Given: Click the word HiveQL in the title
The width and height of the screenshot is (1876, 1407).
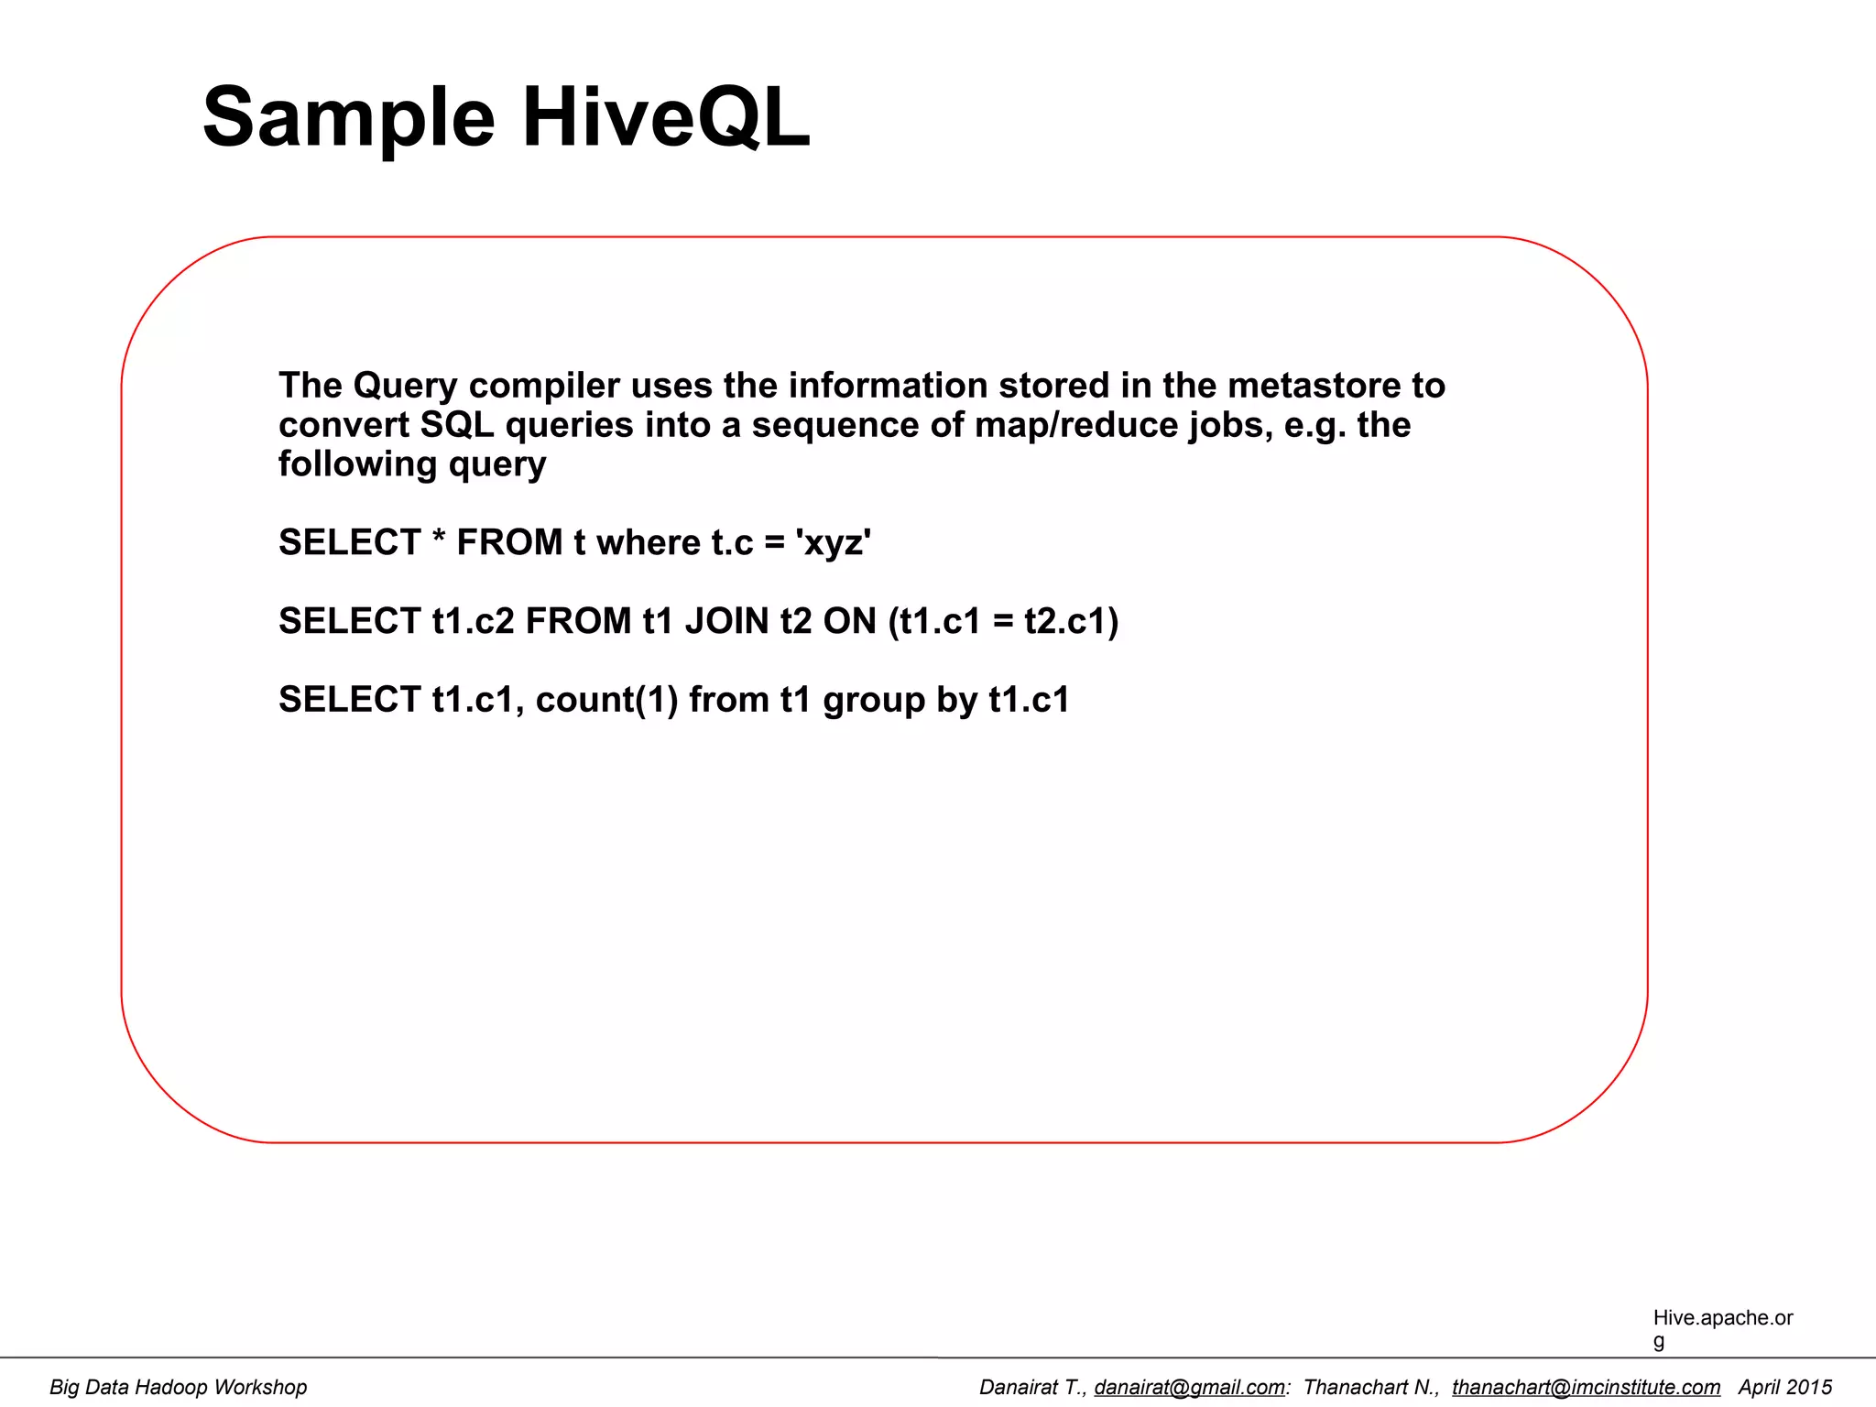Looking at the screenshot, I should [666, 117].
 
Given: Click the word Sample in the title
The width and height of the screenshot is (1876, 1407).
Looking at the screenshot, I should [349, 117].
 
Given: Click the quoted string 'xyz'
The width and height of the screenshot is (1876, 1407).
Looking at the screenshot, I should [834, 542].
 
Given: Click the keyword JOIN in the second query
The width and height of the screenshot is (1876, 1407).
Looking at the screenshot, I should [726, 621].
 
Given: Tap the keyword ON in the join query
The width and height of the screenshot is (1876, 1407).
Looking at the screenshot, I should [849, 621].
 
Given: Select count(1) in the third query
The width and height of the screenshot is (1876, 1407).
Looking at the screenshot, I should [606, 700].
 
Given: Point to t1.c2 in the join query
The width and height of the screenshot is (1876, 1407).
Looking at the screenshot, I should [473, 621].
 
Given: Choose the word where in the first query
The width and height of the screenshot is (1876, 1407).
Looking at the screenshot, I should [648, 542].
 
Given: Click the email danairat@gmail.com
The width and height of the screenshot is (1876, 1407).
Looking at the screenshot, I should [1189, 1387].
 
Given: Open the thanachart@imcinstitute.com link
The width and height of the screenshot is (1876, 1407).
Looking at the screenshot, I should [1586, 1387].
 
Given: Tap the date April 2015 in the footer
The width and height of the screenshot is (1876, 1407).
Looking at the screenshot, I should [1784, 1387].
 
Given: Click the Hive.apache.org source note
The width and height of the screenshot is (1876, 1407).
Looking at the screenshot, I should [1722, 1327].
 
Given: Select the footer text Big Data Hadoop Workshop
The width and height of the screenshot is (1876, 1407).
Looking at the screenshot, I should [178, 1387].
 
